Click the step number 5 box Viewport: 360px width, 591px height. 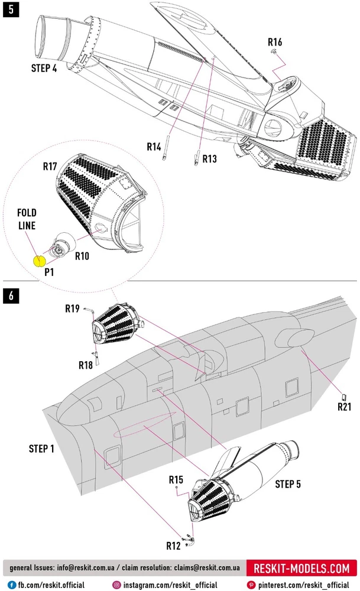(x=10, y=10)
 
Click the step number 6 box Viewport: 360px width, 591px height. (x=10, y=295)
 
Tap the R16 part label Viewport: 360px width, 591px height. (x=275, y=43)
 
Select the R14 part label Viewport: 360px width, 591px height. (x=154, y=146)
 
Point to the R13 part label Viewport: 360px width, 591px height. (x=210, y=158)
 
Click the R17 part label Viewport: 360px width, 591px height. (x=50, y=167)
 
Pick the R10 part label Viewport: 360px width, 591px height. (x=82, y=256)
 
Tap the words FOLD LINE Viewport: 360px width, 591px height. (x=27, y=219)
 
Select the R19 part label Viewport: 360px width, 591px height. (x=72, y=309)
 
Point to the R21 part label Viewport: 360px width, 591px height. (x=345, y=407)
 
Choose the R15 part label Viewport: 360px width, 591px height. (x=176, y=479)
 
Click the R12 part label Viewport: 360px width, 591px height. (x=173, y=545)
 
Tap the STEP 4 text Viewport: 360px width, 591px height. (x=44, y=68)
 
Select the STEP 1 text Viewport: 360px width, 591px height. (x=41, y=449)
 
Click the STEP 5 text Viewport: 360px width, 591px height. (x=288, y=484)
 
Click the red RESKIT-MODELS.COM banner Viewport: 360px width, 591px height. (x=301, y=569)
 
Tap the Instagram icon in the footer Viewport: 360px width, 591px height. (x=117, y=584)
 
